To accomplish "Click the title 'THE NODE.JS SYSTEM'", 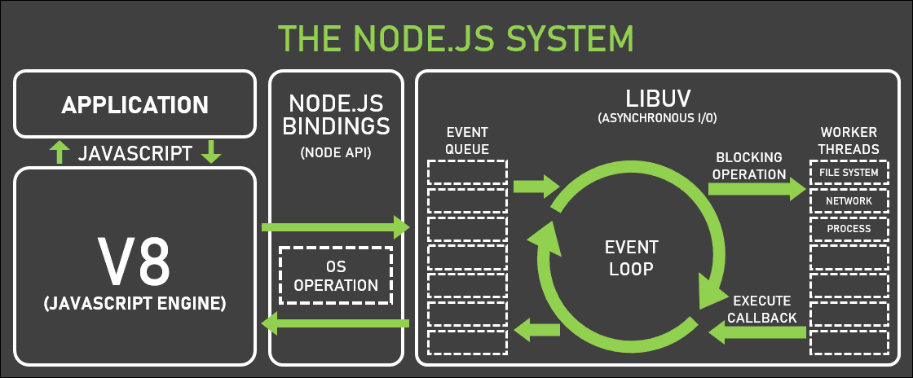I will pyautogui.click(x=456, y=37).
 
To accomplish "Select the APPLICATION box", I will pyautogui.click(x=135, y=104).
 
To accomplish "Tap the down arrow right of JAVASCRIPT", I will pyautogui.click(x=211, y=152).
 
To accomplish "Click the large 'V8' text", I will pyautogui.click(x=135, y=259).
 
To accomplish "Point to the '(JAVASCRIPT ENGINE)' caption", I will pyautogui.click(x=135, y=305).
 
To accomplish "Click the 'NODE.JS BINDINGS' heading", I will pyautogui.click(x=336, y=116).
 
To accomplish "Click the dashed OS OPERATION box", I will pyautogui.click(x=336, y=276).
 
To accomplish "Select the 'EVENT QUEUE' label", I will pyautogui.click(x=467, y=139).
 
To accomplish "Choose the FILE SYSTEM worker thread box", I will pyautogui.click(x=849, y=173).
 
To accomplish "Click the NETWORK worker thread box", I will pyautogui.click(x=849, y=200).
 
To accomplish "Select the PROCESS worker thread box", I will pyautogui.click(x=849, y=229).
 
